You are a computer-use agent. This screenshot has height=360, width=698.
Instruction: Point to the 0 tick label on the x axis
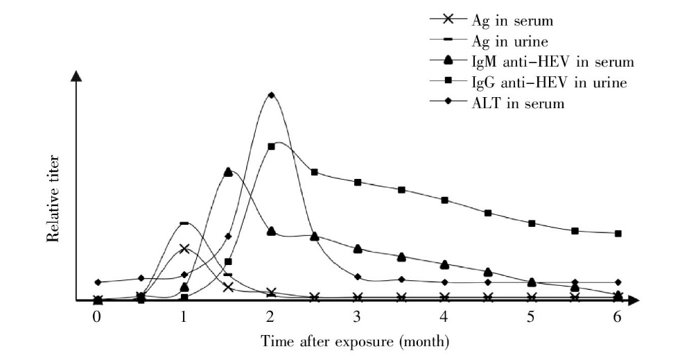[x=97, y=316]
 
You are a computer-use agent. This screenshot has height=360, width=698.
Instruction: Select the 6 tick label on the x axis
[x=618, y=316]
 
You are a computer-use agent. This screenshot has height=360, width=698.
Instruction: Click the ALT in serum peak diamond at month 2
[x=271, y=95]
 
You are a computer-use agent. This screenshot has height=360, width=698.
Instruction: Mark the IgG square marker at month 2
[x=271, y=146]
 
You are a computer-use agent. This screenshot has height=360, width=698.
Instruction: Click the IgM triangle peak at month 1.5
[x=228, y=171]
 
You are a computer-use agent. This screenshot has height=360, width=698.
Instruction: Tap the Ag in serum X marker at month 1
[x=184, y=248]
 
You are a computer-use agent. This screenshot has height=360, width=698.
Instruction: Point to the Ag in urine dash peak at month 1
[x=184, y=223]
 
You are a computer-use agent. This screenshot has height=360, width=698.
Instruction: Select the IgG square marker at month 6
[x=618, y=233]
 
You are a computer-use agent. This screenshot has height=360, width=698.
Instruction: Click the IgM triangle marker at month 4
[x=444, y=264]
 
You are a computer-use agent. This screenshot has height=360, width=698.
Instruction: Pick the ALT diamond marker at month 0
[x=98, y=282]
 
